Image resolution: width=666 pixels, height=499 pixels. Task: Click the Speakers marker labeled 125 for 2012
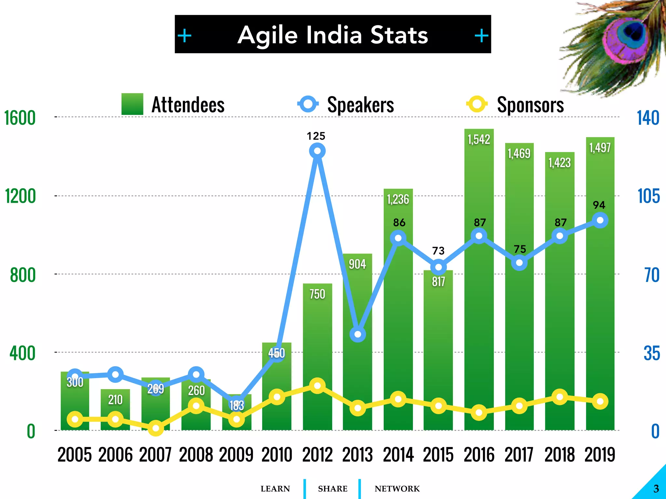coord(317,151)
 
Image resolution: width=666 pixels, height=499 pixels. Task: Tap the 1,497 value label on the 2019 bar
coord(600,148)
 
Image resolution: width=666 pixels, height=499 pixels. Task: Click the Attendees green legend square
coord(132,104)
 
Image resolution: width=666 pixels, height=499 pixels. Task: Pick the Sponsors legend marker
coord(477,104)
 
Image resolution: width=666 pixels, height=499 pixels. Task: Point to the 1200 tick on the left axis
coord(20,196)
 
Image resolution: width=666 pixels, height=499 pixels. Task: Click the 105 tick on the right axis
coord(648,196)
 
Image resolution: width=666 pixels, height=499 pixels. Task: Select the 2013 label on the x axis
coord(357,454)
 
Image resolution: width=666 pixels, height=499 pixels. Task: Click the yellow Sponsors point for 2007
coord(156,429)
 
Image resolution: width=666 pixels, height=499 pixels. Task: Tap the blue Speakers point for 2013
coord(358,334)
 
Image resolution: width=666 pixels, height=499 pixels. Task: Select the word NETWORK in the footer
coord(397,489)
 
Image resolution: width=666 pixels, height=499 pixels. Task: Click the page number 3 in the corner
coord(656,489)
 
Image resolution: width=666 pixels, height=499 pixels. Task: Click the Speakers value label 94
coord(599,205)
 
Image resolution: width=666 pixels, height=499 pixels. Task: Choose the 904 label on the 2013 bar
coord(357,264)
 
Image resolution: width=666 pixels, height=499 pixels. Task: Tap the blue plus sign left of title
coord(185,35)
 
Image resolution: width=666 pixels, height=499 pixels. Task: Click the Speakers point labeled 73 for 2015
coord(438,267)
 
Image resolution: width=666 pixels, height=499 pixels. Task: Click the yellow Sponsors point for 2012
coord(317,386)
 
